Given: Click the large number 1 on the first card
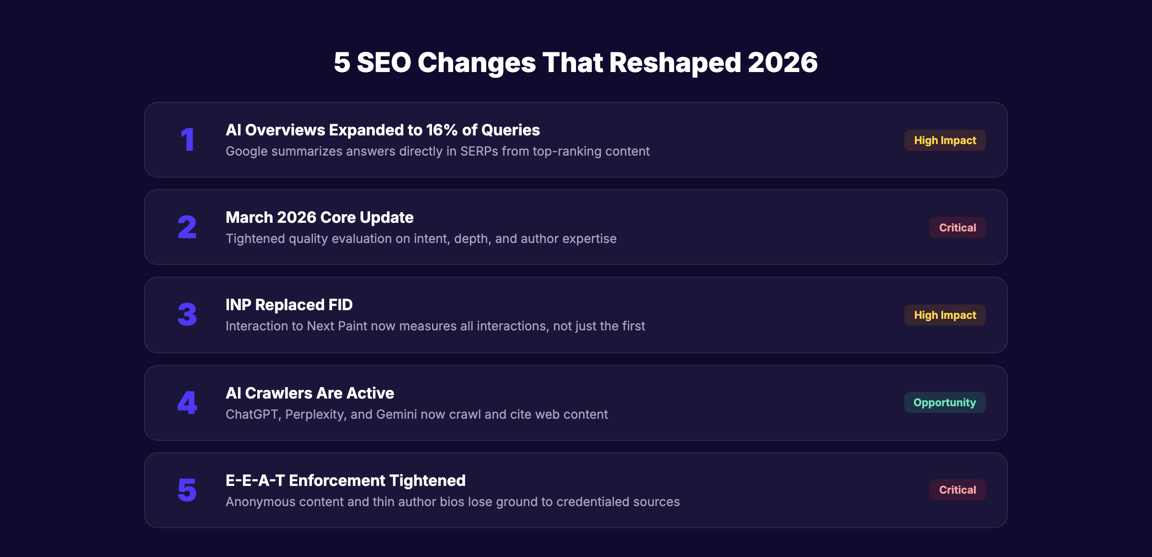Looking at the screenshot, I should tap(188, 140).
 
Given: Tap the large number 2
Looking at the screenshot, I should tap(187, 228).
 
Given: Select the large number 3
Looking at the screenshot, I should tap(187, 315).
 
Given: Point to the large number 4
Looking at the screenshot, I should tap(187, 403).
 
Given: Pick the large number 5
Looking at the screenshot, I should tap(187, 490).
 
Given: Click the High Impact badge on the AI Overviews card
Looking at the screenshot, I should tap(945, 140).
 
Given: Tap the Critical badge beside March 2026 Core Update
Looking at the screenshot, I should tap(957, 228).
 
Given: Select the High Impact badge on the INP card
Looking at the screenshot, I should tap(945, 315).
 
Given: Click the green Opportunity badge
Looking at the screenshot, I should tap(945, 402).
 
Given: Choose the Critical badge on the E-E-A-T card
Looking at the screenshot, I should tap(957, 490).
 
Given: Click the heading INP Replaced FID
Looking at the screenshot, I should tap(289, 305).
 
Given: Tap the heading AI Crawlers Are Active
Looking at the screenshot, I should tap(310, 393).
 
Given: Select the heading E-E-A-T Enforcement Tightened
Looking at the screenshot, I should tap(346, 481).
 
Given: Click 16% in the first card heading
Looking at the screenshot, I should tap(442, 130).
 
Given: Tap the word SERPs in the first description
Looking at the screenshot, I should tap(479, 152).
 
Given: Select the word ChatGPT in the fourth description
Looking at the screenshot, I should tap(252, 414).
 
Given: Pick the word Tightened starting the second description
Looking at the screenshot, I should tap(255, 239).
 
